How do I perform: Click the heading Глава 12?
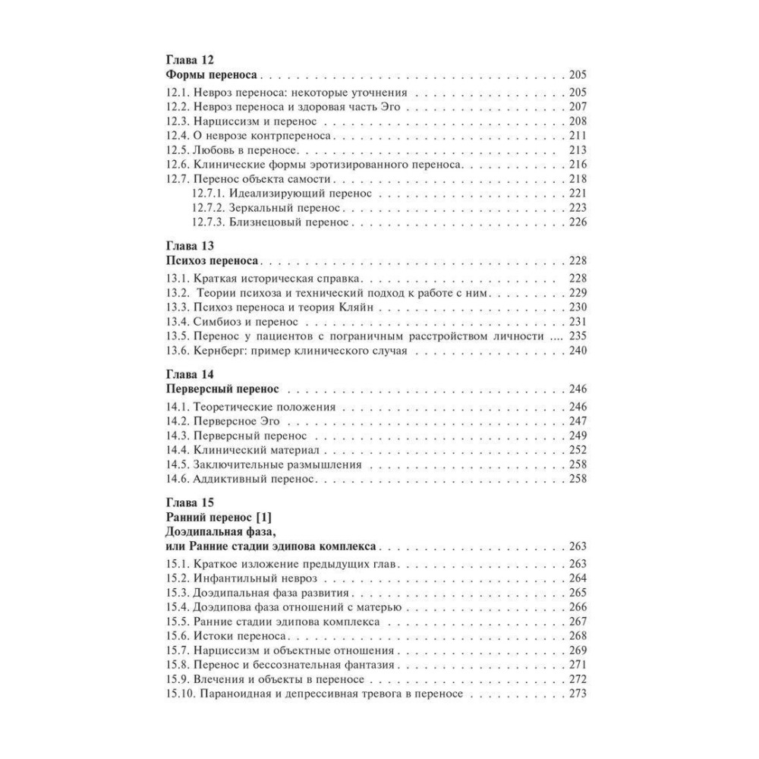point(190,60)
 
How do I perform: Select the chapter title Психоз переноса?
point(209,260)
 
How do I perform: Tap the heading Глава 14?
point(190,374)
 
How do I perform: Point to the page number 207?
point(578,106)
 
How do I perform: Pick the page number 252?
point(578,450)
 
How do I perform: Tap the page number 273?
point(578,694)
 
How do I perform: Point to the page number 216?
point(578,165)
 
